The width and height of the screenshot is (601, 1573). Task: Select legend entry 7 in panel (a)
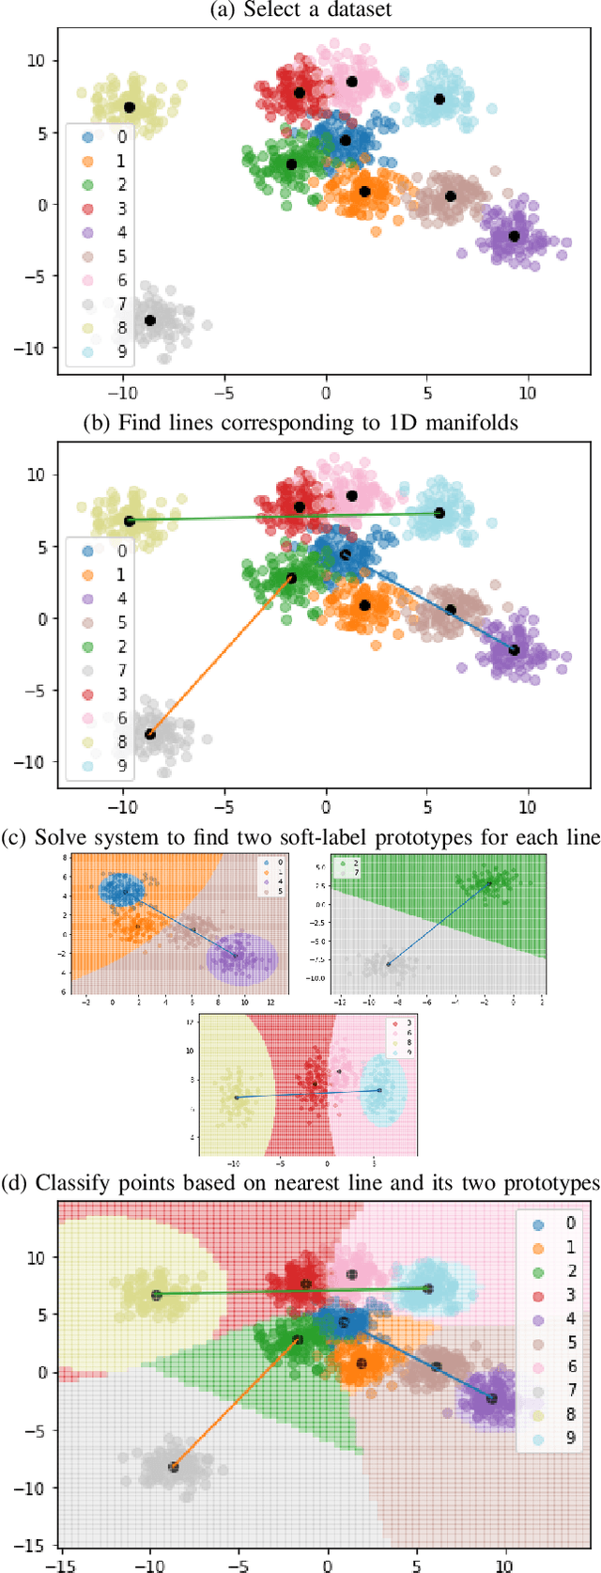pos(105,304)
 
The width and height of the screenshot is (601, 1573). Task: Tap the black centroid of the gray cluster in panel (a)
pos(150,320)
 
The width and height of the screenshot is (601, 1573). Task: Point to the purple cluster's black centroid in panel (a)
pos(514,236)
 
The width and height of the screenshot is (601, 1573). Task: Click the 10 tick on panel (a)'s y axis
pos(35,60)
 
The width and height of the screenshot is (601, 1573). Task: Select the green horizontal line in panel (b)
pos(282,517)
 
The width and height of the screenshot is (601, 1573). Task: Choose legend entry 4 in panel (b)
pos(105,599)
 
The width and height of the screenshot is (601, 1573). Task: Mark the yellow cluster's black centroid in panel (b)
pos(130,521)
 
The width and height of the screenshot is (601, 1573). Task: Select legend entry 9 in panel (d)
pos(555,1439)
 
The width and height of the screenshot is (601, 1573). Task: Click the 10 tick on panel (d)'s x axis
pos(504,1565)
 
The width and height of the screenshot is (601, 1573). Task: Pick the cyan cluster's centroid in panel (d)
pos(428,1289)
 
